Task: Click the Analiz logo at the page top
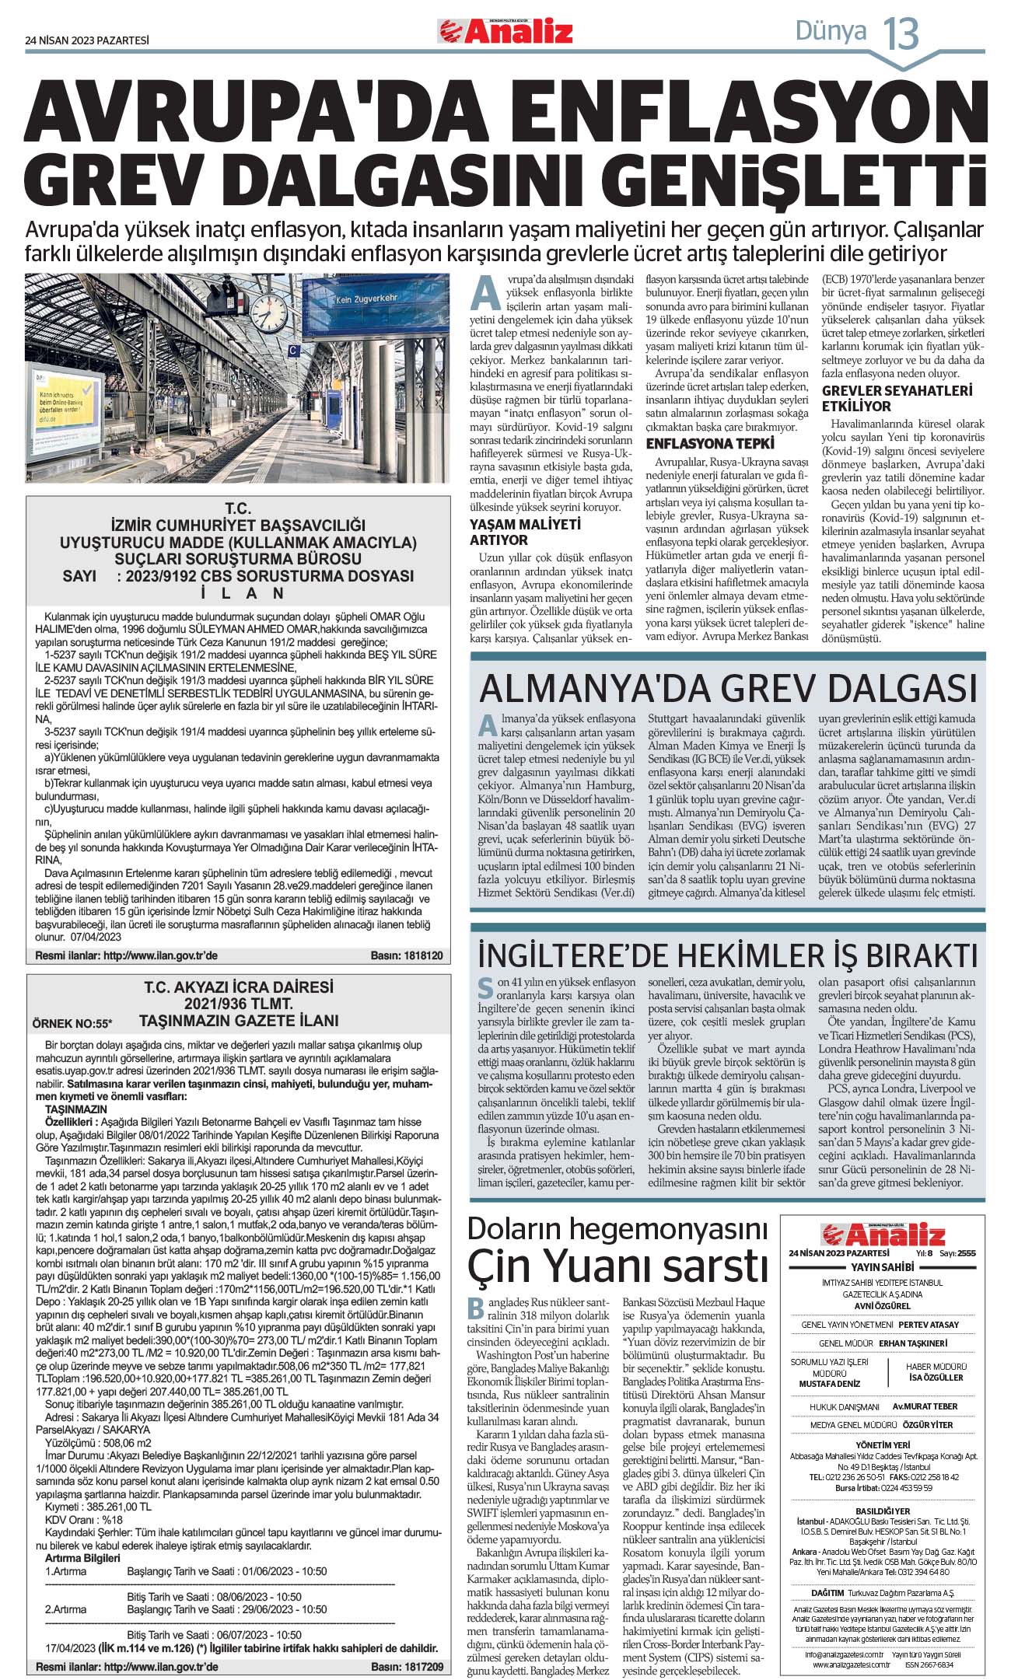505,31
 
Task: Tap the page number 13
901,33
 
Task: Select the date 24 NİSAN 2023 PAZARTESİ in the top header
87,40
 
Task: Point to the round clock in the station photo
269,309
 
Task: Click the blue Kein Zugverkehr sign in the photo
366,299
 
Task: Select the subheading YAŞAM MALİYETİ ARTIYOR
525,532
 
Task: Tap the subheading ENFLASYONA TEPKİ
710,444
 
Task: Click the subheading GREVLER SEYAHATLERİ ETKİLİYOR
897,398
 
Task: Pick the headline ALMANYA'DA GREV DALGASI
728,688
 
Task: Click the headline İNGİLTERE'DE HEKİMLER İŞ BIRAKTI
727,955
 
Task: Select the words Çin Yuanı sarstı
617,1265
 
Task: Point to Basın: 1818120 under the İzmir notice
407,955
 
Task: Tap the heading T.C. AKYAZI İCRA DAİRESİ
238,987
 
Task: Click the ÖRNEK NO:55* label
72,1022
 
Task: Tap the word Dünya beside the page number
831,31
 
